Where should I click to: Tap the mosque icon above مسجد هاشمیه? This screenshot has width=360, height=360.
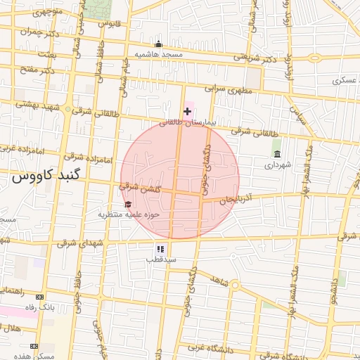click(158, 44)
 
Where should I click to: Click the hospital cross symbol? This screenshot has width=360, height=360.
click(187, 111)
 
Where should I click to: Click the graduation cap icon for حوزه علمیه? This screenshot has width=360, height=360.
click(128, 204)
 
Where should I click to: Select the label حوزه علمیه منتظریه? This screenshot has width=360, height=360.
click(129, 214)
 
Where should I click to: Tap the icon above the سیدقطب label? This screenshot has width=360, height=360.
click(160, 248)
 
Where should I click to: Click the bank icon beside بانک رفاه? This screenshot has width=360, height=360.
click(39, 297)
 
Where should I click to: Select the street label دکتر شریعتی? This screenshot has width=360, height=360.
click(255, 60)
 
